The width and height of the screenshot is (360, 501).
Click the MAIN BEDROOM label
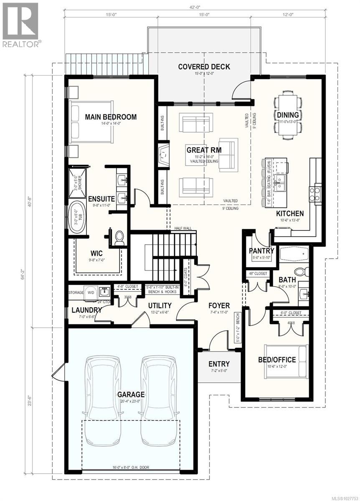(x=111, y=117)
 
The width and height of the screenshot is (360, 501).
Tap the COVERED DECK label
(x=204, y=67)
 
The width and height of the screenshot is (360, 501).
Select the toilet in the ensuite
(x=120, y=238)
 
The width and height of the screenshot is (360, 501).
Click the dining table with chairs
(x=288, y=115)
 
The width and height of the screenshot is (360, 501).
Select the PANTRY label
(x=261, y=251)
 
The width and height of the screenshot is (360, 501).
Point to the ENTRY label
(x=219, y=364)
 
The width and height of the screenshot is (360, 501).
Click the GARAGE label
(x=131, y=394)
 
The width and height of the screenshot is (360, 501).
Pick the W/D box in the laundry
(x=91, y=292)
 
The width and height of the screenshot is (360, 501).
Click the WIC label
(x=97, y=253)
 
